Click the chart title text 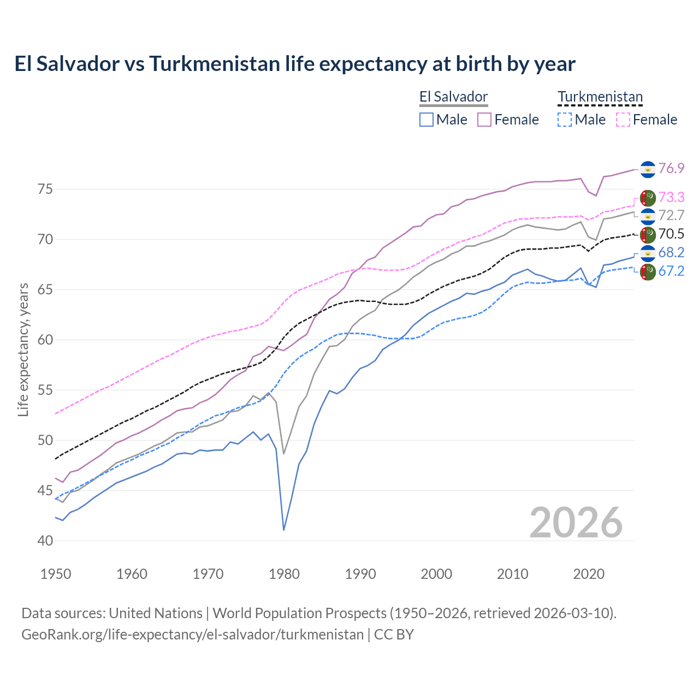[x=295, y=64]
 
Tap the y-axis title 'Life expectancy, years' [x=23, y=349]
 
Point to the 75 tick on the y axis [x=45, y=189]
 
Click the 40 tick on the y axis [x=45, y=541]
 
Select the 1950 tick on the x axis [x=56, y=574]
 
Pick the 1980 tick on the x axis [x=284, y=574]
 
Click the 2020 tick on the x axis [x=589, y=574]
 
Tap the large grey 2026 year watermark [x=576, y=523]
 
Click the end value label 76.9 [x=671, y=169]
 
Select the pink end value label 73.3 [x=671, y=197]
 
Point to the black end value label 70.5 [x=671, y=234]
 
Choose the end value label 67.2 [x=671, y=271]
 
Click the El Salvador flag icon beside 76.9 [x=648, y=169]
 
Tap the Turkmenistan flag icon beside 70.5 [x=648, y=235]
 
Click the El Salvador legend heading [x=453, y=97]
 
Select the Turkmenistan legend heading [x=600, y=97]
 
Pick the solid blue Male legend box [x=426, y=120]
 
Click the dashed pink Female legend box [x=623, y=120]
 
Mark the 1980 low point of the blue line [x=284, y=530]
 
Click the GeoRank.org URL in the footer [x=192, y=635]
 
